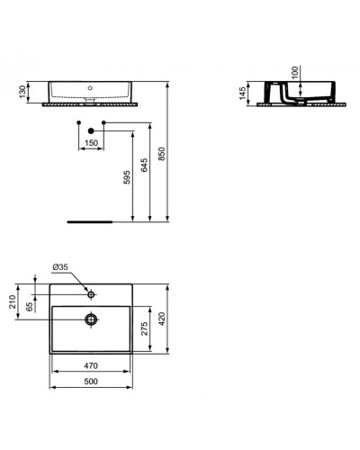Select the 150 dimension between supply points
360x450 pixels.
(x=92, y=142)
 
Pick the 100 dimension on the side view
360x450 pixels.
(x=293, y=73)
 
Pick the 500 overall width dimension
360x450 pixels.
(x=91, y=382)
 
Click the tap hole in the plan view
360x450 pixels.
(x=91, y=293)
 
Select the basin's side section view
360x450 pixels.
(x=294, y=94)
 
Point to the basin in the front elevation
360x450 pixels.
(x=91, y=92)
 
